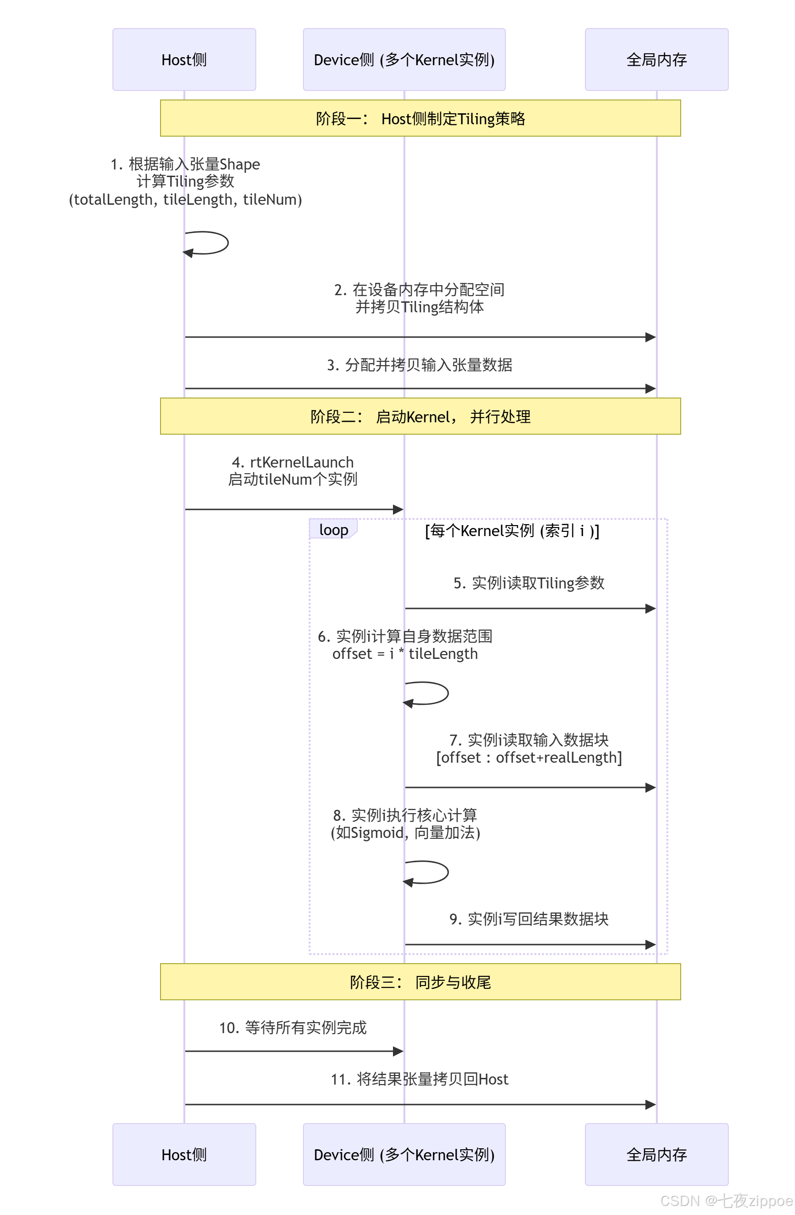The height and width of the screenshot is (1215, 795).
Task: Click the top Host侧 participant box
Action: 184,60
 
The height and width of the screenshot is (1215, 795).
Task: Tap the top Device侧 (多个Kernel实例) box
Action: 404,60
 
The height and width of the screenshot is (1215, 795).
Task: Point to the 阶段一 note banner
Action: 420,119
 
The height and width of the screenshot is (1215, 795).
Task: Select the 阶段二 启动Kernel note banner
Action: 420,416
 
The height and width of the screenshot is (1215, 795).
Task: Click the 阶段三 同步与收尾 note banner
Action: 420,981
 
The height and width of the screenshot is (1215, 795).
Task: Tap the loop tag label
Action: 333,530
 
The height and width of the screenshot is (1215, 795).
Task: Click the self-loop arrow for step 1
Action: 214,243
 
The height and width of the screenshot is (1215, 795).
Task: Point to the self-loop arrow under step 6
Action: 434,693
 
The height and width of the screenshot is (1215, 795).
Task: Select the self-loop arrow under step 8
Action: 434,872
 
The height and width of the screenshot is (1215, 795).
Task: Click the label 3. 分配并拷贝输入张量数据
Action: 419,365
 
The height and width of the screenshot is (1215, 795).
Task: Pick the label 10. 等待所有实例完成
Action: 292,1027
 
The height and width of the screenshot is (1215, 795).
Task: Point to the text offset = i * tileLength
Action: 404,654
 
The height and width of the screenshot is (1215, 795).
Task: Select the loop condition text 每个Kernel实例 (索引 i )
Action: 512,530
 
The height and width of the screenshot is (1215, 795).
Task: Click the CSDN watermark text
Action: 725,1200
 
